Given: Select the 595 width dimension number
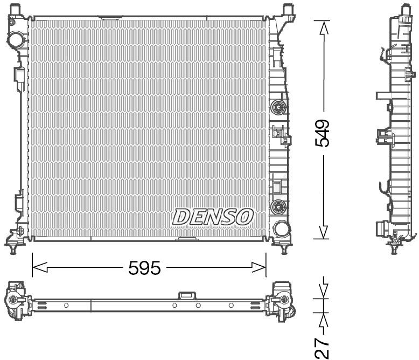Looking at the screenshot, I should click(145, 268).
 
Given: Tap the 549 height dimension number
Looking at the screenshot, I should click(323, 133).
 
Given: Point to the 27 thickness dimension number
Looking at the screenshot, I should click(322, 348).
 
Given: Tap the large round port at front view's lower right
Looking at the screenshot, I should click(280, 229).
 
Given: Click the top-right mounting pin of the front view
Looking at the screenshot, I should click(287, 9).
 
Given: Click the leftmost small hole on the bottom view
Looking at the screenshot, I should click(66, 306).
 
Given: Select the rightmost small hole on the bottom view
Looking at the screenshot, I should click(231, 306).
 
